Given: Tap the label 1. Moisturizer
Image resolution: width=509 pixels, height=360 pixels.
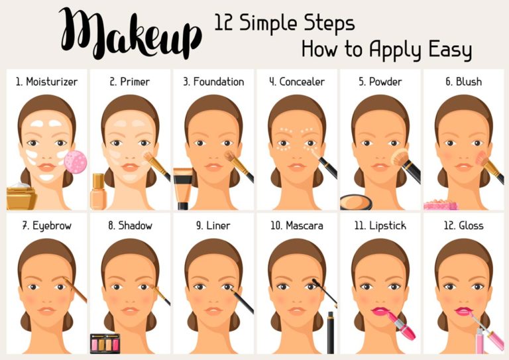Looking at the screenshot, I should [x=46, y=82].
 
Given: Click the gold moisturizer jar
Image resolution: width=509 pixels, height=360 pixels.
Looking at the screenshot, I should [x=21, y=197].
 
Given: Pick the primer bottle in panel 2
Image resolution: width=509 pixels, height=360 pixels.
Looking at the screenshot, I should [x=98, y=190].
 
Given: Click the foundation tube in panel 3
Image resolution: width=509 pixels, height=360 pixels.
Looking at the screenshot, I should [x=182, y=188].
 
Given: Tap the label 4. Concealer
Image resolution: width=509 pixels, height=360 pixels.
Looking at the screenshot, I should [x=296, y=82].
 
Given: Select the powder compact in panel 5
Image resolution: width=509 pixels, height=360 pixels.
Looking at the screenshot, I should [x=358, y=202].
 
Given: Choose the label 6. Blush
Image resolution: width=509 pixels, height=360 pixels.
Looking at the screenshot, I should [x=463, y=82].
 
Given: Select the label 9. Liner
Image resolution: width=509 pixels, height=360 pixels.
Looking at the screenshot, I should [x=213, y=226].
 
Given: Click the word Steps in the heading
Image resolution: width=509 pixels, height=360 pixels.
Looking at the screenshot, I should [x=325, y=23].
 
